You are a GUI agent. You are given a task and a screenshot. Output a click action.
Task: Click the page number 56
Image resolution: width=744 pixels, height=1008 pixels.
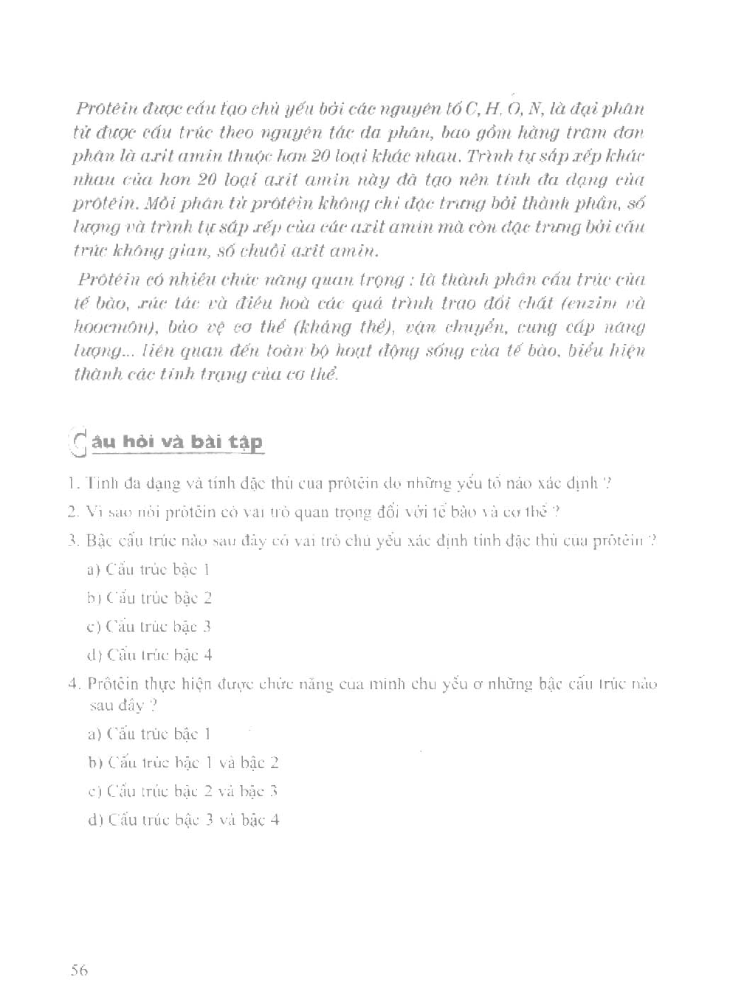[79, 970]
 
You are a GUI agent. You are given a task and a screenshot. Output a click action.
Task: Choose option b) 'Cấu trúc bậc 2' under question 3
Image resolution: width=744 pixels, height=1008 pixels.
[150, 598]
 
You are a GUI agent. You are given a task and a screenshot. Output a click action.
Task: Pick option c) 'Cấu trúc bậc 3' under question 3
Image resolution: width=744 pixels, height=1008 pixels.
[149, 626]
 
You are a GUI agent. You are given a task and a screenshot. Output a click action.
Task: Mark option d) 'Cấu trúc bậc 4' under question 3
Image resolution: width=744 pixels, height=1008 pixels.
[150, 655]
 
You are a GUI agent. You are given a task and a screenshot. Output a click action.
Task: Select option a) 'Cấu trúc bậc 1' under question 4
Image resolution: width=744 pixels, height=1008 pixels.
[149, 734]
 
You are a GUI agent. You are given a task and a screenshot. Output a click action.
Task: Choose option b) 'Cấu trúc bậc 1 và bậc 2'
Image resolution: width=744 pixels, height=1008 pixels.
[183, 763]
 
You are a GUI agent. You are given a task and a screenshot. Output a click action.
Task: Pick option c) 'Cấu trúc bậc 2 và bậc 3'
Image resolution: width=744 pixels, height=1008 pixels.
[182, 792]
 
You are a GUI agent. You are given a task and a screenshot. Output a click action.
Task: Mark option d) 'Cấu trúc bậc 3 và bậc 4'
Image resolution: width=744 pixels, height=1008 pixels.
[183, 820]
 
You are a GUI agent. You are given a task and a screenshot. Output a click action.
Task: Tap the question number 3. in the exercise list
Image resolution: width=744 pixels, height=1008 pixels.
[72, 541]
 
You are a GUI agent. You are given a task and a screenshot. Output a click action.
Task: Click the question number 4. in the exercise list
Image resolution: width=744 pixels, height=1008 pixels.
[73, 684]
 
